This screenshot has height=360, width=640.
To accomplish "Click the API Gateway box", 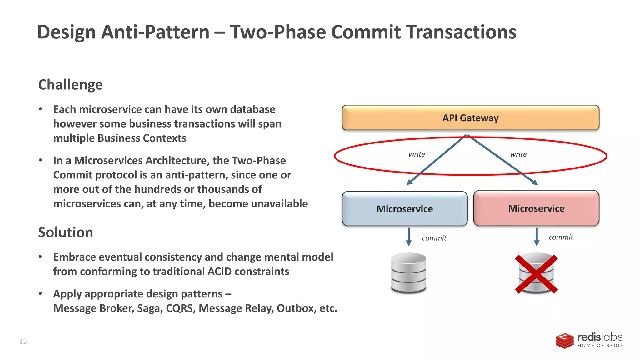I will coord(470,117).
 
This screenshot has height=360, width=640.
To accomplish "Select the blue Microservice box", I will coord(404,209).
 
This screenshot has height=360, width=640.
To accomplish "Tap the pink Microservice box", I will coord(536,208).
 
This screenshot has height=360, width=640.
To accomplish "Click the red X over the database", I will coord(536,274).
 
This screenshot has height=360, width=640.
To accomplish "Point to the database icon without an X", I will coord(408,273).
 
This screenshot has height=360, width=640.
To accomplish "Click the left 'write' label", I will coord(417,154).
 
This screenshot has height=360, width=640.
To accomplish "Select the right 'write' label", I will coord(518,154).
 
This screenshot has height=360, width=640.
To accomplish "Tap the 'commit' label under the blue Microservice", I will coord(434,238).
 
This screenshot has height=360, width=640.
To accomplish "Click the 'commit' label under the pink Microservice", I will coord(561,237).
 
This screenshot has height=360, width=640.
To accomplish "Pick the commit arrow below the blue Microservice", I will coord(409,237).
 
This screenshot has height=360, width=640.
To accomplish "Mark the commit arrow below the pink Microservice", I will coord(537,237).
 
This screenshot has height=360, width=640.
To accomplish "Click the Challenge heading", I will coord(70,85).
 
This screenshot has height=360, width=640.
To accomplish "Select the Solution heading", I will coord(66,232).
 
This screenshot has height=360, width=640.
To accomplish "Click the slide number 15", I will coord(23,341).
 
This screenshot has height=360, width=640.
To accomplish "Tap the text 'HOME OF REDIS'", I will coord(600,346).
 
